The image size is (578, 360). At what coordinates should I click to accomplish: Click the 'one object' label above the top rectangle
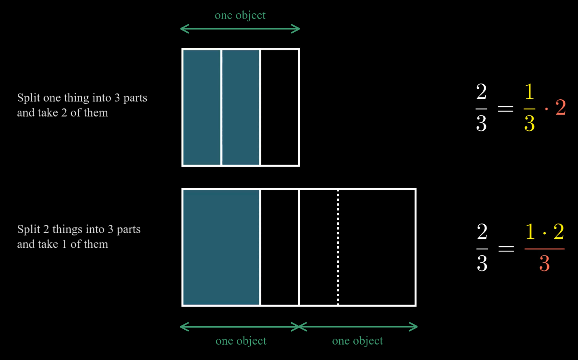(240, 15)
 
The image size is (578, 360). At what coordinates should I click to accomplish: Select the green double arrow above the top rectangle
(240, 29)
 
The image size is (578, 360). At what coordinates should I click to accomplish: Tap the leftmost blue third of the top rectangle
(202, 107)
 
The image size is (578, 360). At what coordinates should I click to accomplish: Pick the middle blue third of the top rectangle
(241, 107)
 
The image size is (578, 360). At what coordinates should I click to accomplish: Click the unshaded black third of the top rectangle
(280, 107)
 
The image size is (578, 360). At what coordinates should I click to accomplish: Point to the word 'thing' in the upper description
(76, 98)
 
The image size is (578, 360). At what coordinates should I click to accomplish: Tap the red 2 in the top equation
(561, 107)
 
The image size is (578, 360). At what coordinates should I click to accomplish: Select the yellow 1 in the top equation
(530, 92)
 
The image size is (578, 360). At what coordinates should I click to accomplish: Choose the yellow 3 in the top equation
(530, 123)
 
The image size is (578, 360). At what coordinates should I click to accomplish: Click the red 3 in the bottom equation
(545, 264)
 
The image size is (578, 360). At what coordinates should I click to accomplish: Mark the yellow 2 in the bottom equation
(559, 232)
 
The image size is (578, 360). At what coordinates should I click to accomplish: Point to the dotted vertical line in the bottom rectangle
(338, 247)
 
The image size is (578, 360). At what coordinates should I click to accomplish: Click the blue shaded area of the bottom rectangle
(221, 247)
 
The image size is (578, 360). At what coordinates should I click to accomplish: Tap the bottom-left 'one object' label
(241, 341)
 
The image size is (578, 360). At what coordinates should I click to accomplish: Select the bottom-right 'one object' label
(357, 341)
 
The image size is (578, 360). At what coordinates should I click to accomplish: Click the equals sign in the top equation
(505, 108)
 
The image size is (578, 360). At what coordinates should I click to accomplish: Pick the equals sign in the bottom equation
(506, 249)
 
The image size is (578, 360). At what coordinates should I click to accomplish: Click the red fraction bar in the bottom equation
(545, 249)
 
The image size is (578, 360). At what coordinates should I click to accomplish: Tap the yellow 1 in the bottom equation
(530, 232)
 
